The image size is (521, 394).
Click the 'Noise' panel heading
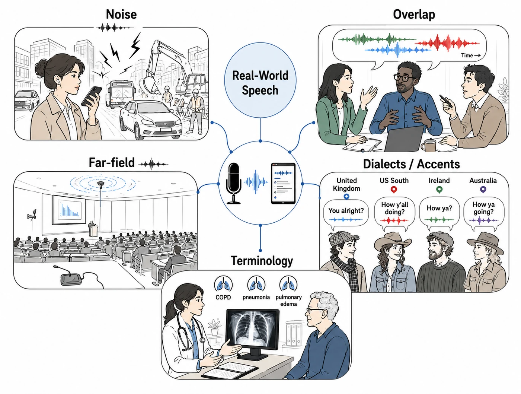click(x=121, y=14)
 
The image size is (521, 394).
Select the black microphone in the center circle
click(x=234, y=183)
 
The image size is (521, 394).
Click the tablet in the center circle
click(x=283, y=183)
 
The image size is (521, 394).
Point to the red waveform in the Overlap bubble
click(x=447, y=43)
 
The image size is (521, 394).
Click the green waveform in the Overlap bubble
click(x=377, y=39)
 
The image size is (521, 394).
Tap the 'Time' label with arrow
click(x=471, y=55)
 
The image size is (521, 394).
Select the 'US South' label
click(x=394, y=181)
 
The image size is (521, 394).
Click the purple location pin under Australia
click(x=483, y=190)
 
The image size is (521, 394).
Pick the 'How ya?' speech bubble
click(x=440, y=213)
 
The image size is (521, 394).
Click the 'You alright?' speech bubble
click(x=346, y=215)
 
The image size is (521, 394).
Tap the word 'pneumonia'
click(x=256, y=297)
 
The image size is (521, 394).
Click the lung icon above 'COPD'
click(x=223, y=284)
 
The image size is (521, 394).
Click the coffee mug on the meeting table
click(x=429, y=145)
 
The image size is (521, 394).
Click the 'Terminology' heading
click(x=262, y=261)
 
